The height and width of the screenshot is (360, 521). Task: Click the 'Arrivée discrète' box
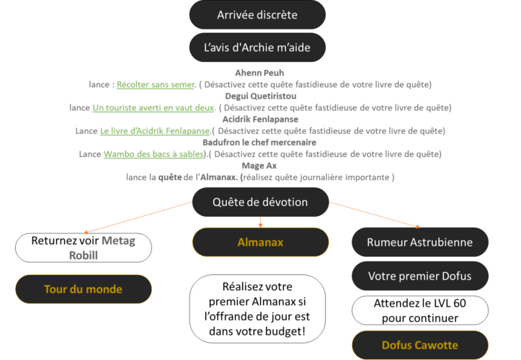tap(257, 14)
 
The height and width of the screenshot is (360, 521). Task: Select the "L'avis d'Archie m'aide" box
tap(257, 48)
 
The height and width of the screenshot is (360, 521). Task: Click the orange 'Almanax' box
tap(260, 242)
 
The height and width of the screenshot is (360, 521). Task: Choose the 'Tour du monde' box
tap(83, 289)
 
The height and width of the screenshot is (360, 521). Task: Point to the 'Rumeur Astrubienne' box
tap(419, 242)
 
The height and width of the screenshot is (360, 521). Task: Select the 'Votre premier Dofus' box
tap(419, 276)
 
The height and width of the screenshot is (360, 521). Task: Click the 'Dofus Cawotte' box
tap(419, 345)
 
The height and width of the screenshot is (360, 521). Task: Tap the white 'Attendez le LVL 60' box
tap(419, 310)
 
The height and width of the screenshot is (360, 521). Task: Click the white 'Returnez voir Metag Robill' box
tap(83, 247)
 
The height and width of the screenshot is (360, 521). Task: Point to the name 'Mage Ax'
tap(260, 166)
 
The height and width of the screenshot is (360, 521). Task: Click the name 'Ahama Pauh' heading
tap(260, 73)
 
